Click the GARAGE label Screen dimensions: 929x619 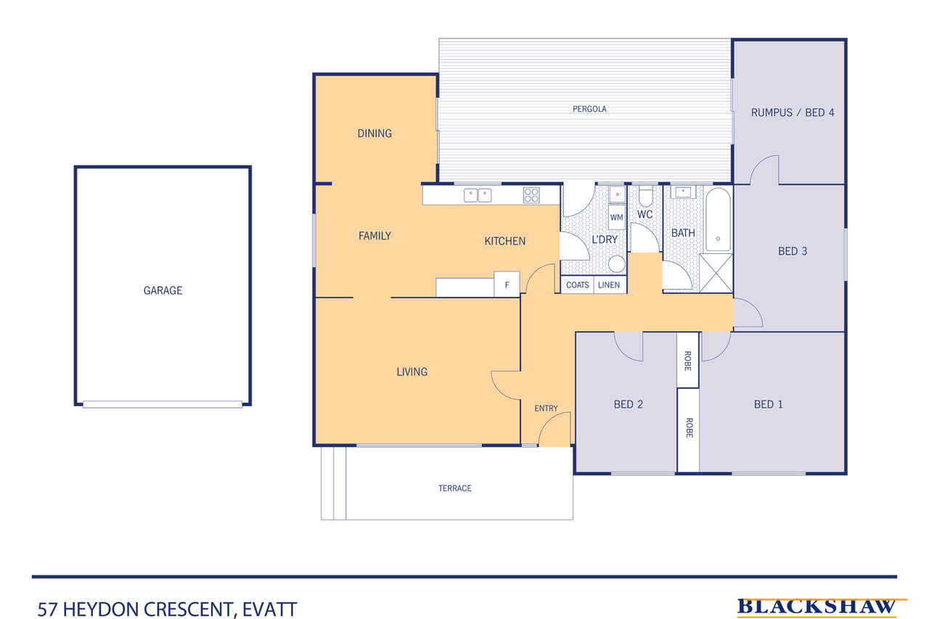pos(163,290)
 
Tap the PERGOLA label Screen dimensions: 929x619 pos(589,109)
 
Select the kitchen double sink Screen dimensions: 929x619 pos(478,195)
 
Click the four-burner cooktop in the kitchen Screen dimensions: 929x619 pos(531,195)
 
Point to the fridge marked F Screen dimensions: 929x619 pos(507,284)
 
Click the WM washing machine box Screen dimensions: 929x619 pos(617,217)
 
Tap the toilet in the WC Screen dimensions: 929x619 pos(645,196)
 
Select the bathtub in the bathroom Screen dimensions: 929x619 pos(718,220)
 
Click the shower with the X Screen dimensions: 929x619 pos(716,274)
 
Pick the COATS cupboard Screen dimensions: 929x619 pos(577,285)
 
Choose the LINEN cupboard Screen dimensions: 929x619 pos(610,285)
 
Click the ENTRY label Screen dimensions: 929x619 pos(546,409)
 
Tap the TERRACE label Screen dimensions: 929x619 pos(455,488)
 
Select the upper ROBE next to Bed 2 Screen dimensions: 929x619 pos(688,360)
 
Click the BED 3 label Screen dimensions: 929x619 pos(793,251)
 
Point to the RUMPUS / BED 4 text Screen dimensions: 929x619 pos(793,112)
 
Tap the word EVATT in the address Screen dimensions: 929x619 pos(269,610)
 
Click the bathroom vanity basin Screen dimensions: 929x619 pos(683,192)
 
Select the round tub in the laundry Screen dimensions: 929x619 pos(617,264)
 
